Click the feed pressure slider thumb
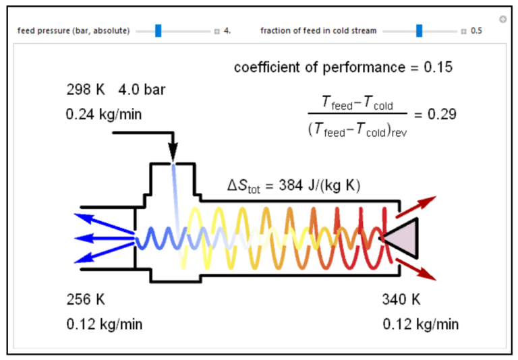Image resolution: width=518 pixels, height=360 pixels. point(158,30)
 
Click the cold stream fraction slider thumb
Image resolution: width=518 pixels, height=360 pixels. point(419,30)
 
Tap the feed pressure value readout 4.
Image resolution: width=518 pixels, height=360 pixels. point(227,31)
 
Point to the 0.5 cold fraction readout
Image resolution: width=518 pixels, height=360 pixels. point(476,31)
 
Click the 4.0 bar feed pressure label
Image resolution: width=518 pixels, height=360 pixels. point(141,90)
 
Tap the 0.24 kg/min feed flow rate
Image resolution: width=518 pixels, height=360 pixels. point(104,115)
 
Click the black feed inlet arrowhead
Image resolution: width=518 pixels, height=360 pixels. point(173,154)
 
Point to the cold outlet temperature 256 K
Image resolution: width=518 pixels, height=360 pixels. point(86,299)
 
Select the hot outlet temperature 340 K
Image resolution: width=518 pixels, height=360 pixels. point(401,299)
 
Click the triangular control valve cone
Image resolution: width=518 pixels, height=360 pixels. point(402,237)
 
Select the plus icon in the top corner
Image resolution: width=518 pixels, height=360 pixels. point(502,19)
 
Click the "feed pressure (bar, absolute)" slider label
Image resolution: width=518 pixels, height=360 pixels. point(74,31)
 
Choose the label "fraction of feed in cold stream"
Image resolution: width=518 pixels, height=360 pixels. point(318,31)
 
